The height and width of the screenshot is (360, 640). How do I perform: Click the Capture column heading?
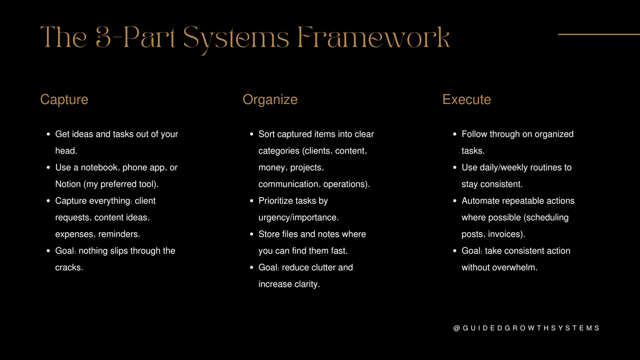[64, 100]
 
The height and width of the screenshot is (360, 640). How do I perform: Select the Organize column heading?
[270, 100]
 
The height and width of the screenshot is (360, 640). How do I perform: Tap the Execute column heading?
[467, 100]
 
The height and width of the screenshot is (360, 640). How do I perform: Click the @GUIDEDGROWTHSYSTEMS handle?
[526, 328]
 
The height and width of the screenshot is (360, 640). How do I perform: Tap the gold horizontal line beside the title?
[598, 34]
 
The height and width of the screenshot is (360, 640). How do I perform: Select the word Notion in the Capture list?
[68, 185]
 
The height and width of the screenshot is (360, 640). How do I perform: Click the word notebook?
[99, 167]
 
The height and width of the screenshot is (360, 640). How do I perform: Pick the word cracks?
[69, 268]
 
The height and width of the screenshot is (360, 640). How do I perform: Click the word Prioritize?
[280, 201]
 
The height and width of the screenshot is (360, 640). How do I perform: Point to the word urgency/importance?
[298, 218]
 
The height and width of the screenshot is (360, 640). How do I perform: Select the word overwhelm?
[516, 268]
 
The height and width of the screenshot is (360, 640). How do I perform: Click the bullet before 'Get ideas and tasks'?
[48, 134]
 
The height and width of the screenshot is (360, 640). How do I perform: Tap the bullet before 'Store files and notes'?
[251, 235]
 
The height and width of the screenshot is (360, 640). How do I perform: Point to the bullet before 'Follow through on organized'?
[454, 134]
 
